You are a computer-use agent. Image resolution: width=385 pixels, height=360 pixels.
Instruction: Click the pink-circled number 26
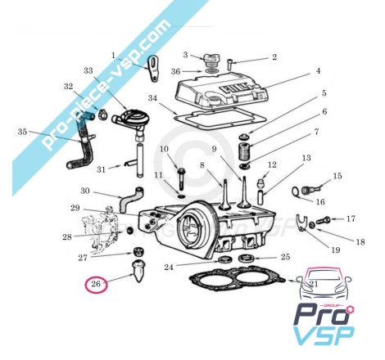point(96,284)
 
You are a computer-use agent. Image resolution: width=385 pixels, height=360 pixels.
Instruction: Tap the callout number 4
point(318,71)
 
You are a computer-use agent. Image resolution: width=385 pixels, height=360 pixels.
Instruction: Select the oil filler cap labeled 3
point(211,61)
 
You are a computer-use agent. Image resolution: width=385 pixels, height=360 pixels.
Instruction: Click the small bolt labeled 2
point(229,65)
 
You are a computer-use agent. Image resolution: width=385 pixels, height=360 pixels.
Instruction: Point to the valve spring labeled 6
point(245,151)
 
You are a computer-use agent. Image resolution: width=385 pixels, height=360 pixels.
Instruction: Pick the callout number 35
point(22,132)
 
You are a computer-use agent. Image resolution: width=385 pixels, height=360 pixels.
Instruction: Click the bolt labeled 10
point(181,179)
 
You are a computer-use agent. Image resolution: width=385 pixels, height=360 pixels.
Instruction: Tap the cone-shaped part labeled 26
point(139,272)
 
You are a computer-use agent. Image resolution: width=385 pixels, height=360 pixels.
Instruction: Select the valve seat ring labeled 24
point(224,259)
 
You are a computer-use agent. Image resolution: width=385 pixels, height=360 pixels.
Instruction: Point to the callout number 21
point(314,284)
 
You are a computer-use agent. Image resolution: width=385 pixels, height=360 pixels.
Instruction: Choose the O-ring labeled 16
point(296,191)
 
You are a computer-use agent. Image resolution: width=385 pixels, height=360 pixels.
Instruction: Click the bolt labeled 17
point(324,219)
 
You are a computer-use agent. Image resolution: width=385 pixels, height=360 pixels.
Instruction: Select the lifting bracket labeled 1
point(154,69)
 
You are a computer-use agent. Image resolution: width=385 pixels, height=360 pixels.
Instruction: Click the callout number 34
point(152,98)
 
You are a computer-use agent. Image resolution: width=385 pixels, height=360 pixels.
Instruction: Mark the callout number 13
point(306,158)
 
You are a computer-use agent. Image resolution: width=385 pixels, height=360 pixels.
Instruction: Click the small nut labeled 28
point(130,231)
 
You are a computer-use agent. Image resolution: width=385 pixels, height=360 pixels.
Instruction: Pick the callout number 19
point(336,250)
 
